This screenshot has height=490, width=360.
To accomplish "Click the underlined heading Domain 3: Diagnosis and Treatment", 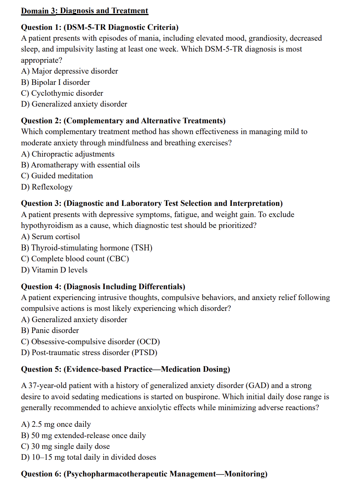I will [84, 11].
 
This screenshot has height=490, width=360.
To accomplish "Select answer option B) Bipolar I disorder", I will [55, 82].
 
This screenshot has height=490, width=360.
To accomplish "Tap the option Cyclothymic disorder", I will [62, 93].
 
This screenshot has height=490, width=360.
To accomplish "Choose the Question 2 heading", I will [123, 121].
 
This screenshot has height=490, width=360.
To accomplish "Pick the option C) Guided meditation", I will [57, 176].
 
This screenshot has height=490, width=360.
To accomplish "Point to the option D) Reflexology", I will [47, 187].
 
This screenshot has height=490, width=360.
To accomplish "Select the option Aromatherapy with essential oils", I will [80, 165].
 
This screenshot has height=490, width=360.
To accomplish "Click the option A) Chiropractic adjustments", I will [67, 154].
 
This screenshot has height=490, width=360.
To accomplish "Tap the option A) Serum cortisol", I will [50, 236].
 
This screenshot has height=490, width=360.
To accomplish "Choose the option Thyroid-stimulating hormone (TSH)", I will [87, 248].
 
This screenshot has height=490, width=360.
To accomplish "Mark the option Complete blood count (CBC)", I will [75, 259].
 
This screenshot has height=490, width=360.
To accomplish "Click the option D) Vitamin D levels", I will [54, 270].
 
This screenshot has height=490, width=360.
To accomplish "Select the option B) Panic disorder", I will [50, 330].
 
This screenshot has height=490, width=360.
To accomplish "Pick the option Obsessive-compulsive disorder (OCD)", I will [90, 342].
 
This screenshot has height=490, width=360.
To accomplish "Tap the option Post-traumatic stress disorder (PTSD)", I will [89, 352].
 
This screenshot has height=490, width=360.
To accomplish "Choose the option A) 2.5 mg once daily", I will [56, 424].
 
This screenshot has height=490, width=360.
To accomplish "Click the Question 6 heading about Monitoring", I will [144, 474].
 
